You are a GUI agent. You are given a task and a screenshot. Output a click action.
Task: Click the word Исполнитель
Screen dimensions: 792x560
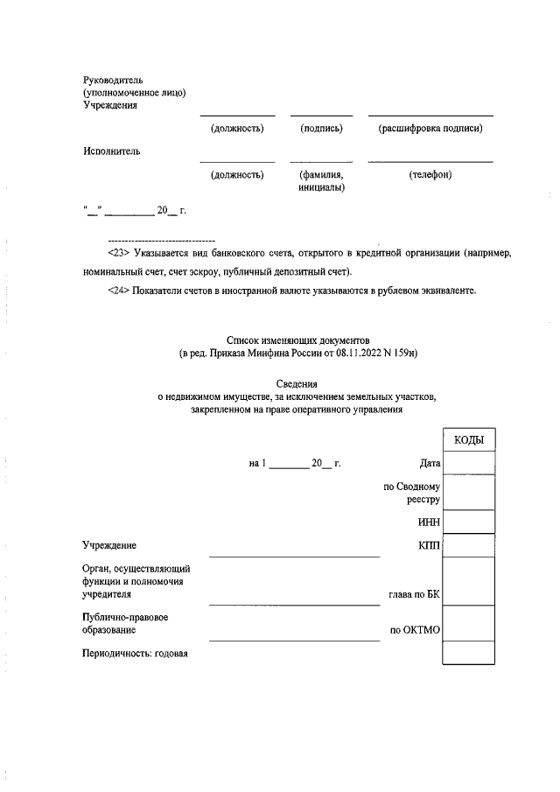point(112,151)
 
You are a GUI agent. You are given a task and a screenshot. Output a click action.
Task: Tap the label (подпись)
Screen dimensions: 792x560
point(321,129)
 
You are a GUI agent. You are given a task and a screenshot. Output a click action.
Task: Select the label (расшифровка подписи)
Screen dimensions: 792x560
point(430,129)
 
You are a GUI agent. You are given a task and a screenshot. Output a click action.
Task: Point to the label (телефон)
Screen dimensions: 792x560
point(430,175)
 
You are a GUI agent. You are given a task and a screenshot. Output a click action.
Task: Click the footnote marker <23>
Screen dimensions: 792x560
point(119,253)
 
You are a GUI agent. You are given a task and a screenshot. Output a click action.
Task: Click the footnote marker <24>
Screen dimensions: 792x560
point(119,291)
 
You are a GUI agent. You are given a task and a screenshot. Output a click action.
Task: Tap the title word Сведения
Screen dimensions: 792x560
point(298,384)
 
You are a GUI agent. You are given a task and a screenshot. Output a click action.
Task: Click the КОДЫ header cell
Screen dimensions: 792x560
point(469,439)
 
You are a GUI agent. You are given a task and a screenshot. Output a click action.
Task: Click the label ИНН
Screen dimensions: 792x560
point(429,522)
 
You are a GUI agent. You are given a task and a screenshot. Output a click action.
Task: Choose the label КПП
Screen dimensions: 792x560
point(429,546)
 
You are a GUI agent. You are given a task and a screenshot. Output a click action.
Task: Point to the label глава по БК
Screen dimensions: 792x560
point(414,594)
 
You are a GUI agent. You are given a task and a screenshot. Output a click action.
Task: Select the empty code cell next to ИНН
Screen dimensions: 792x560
point(469,522)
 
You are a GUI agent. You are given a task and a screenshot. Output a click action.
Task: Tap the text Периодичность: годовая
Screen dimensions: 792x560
point(136,654)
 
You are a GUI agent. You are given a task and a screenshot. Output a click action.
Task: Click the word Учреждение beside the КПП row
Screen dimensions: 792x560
point(109,546)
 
